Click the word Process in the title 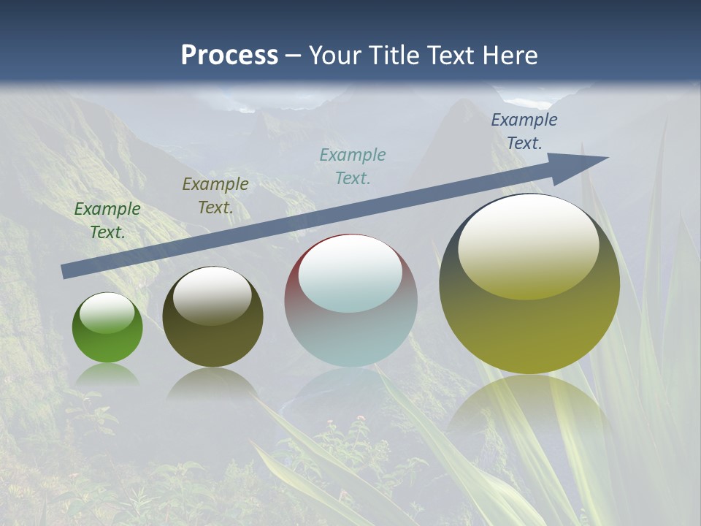pos(229,56)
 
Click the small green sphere pos(107,328)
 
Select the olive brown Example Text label pos(215,196)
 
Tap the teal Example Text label pos(353,167)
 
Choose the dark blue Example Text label pos(524,131)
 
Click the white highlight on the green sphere pos(107,313)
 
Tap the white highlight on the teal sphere pos(350,273)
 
